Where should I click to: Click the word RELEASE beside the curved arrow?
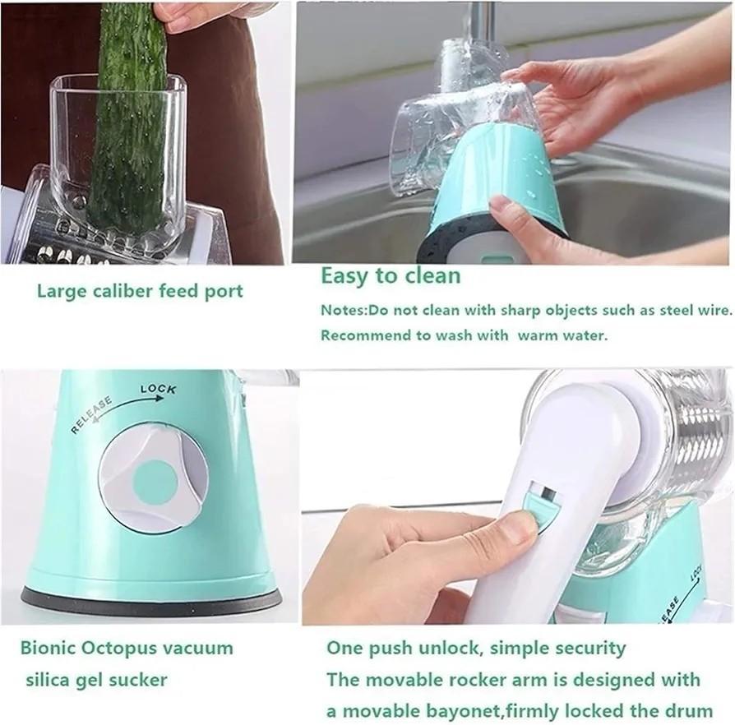[x=91, y=413]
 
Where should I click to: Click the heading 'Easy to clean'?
[x=390, y=275]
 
